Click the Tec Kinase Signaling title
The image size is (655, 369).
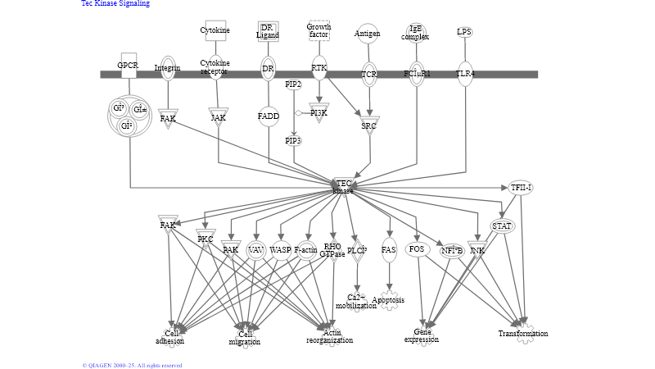[x=115, y=4]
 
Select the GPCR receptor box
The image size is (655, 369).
[x=128, y=66]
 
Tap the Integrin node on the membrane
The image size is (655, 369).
[x=167, y=68]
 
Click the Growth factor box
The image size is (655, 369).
[x=318, y=31]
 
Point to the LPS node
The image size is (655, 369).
[x=464, y=32]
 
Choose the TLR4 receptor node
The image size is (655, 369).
[x=465, y=72]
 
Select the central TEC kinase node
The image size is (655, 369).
[x=343, y=187]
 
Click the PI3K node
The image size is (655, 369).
[x=318, y=113]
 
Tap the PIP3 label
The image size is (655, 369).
[x=293, y=141]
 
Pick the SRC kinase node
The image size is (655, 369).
[x=369, y=125]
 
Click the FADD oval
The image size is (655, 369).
[x=269, y=116]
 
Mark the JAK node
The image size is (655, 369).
[x=218, y=117]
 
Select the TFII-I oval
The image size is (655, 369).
[x=521, y=188]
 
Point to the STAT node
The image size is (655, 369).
[x=502, y=225]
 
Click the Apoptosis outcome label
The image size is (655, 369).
[x=389, y=300]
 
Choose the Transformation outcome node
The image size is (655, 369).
[x=523, y=333]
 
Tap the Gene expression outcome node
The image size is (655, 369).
[x=422, y=335]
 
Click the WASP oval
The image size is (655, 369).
[x=281, y=249]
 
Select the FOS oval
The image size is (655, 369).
[x=417, y=248]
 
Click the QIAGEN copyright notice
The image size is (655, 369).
[x=132, y=365]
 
